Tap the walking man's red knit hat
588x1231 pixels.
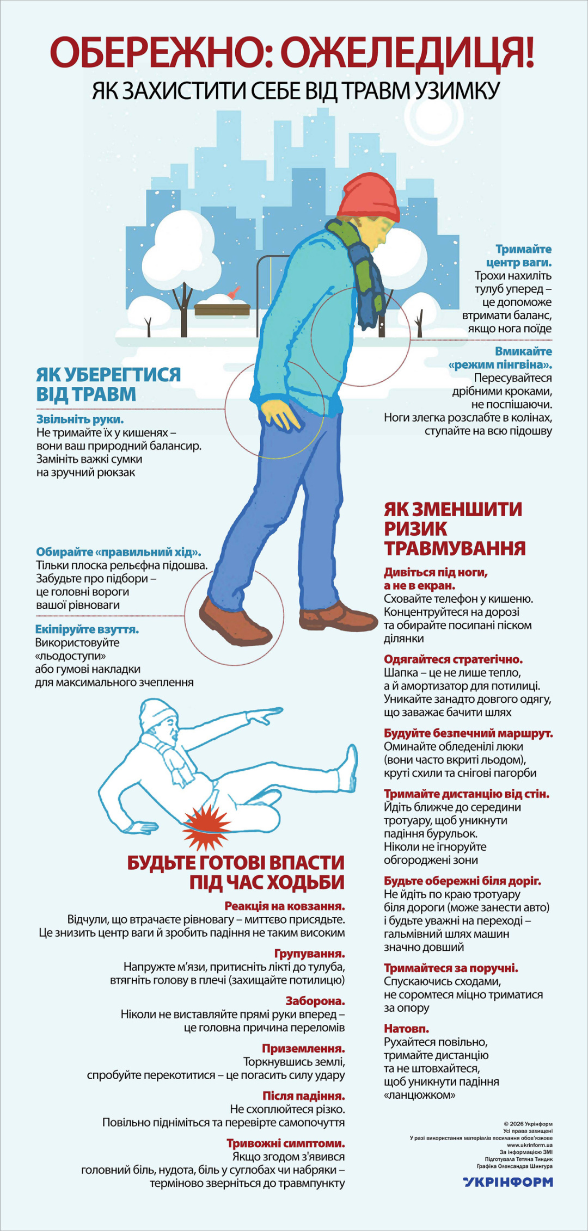pos(370,196)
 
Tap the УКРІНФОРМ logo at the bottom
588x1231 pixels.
pos(508,1181)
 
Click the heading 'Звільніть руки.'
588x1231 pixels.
pos(80,419)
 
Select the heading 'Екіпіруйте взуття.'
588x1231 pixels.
pos(87,629)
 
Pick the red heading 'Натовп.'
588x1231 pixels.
pos(407,1029)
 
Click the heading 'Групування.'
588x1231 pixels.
pos(309,954)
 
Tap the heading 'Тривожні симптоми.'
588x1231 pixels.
pos(286,1143)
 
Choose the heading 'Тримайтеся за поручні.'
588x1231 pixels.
pos(451,968)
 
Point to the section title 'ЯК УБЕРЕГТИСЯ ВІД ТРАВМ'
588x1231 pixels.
pos(108,384)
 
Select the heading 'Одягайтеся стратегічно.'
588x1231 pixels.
pos(453,659)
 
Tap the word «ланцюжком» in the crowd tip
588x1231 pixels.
pos(420,1095)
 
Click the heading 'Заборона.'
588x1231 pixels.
pos(315,1001)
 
